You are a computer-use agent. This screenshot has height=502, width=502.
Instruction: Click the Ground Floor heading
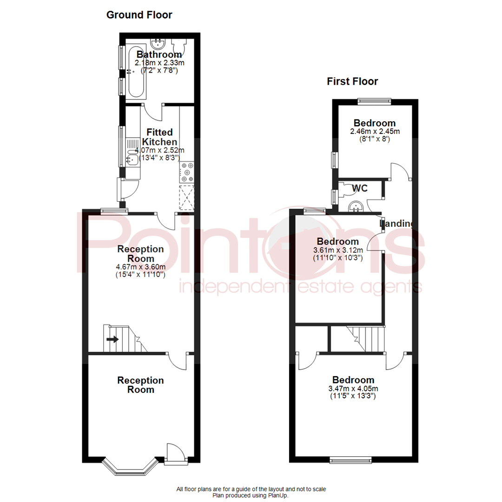pyautogui.click(x=139, y=15)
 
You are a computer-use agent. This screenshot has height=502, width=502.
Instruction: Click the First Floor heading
pyautogui.click(x=352, y=82)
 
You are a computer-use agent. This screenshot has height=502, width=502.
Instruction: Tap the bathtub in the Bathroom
pyautogui.click(x=137, y=72)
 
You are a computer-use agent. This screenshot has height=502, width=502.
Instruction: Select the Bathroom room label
pyautogui.click(x=159, y=55)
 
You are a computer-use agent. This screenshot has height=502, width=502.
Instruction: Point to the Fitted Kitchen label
pyautogui.click(x=159, y=137)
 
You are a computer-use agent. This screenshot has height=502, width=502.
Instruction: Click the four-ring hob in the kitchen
pyautogui.click(x=188, y=172)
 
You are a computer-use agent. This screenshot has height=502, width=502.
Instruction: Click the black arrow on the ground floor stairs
pyautogui.click(x=112, y=339)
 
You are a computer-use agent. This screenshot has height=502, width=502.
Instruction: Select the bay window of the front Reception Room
pyautogui.click(x=129, y=468)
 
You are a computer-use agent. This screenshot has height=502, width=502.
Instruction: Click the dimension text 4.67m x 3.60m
pyautogui.click(x=140, y=267)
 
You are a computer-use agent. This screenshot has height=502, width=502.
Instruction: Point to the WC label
pyautogui.click(x=360, y=188)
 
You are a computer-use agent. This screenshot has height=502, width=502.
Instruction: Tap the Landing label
pyautogui.click(x=396, y=224)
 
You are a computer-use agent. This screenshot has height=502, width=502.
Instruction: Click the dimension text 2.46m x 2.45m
pyautogui.click(x=375, y=132)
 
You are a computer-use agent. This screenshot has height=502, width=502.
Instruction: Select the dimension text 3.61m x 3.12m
pyautogui.click(x=337, y=250)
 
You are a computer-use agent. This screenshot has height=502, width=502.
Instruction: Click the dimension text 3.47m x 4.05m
pyautogui.click(x=353, y=389)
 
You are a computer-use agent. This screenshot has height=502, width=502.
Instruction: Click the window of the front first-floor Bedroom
pyautogui.click(x=351, y=460)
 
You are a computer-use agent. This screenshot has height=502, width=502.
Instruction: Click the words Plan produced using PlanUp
pyautogui.click(x=251, y=495)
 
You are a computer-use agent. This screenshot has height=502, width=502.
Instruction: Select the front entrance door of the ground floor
pyautogui.click(x=176, y=454)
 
